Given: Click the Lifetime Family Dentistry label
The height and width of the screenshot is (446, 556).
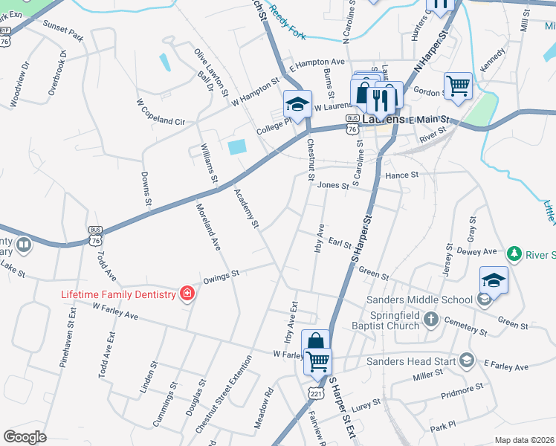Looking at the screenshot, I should [x=118, y=294].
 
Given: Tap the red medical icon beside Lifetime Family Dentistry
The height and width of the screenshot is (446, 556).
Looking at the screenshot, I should [x=187, y=294].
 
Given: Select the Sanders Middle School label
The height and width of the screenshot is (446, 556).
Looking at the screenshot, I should [x=419, y=300].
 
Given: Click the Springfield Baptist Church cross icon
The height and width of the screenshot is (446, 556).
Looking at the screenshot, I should [x=431, y=320].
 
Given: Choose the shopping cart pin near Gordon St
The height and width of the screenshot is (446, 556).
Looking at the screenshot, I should [x=458, y=85].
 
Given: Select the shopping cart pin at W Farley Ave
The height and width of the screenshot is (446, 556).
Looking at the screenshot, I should [x=318, y=361].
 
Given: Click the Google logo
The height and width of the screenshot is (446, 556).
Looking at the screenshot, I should [x=25, y=436].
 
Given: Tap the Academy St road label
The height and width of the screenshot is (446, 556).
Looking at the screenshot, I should [x=247, y=208].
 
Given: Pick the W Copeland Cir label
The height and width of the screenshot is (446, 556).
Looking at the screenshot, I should [x=160, y=109].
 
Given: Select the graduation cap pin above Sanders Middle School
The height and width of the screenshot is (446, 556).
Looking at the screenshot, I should [x=494, y=279].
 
